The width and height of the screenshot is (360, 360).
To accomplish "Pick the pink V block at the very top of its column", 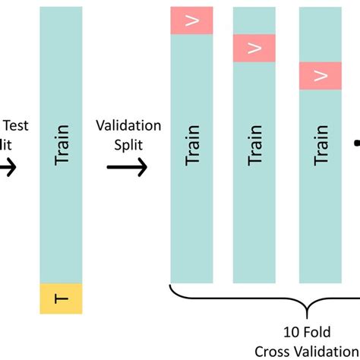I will (191, 21).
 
